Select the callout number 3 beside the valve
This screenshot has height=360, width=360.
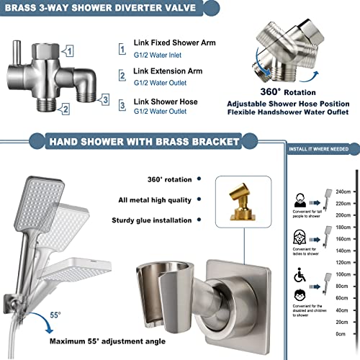point(104,99)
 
